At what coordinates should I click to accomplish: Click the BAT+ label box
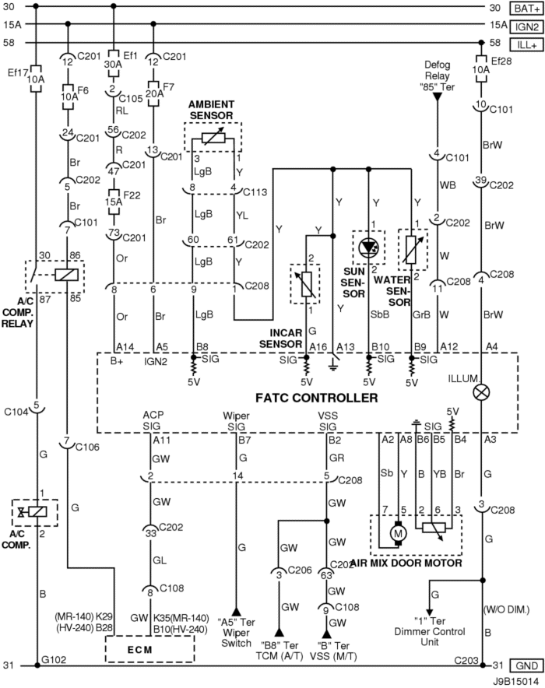click(526, 9)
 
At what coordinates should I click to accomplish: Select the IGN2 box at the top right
click(526, 26)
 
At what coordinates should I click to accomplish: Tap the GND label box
click(526, 665)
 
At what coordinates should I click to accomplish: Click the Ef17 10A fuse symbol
click(36, 79)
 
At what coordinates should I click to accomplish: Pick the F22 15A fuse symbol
click(114, 202)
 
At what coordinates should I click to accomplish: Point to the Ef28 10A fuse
click(481, 69)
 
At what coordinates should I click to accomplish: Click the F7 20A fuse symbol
click(153, 93)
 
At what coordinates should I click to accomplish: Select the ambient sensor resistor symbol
click(213, 139)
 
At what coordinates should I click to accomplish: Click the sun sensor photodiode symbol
click(367, 247)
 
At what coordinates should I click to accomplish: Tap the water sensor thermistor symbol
click(411, 249)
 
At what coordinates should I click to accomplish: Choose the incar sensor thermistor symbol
click(307, 284)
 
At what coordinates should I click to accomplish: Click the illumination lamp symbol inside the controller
click(481, 391)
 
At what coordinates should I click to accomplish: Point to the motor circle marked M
click(399, 534)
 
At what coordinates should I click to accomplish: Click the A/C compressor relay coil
click(67, 275)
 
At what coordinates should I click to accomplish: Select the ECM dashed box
click(149, 648)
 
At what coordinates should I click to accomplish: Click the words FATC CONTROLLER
click(316, 398)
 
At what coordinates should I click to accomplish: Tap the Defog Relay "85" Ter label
click(437, 76)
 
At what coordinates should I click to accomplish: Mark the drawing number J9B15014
click(515, 682)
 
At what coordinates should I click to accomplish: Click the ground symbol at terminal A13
click(333, 366)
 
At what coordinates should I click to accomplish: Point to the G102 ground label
click(54, 659)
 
